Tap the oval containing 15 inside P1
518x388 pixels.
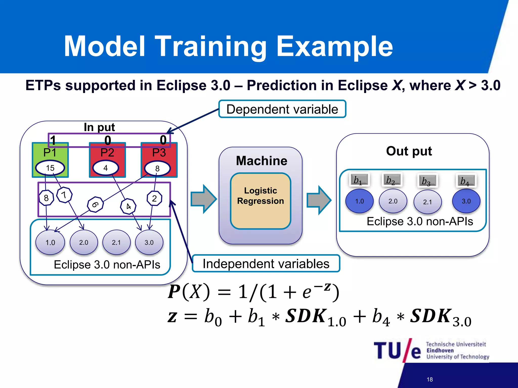(50, 168)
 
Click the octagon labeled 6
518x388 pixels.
(95, 205)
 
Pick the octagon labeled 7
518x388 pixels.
(64, 195)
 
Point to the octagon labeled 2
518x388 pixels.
(154, 199)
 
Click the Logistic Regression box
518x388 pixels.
(261, 201)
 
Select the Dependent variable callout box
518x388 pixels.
(282, 109)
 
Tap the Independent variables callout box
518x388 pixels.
(266, 264)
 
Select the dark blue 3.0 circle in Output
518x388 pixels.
(466, 201)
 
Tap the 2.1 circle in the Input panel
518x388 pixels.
(116, 243)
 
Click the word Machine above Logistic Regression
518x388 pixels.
(262, 161)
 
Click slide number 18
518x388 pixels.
(429, 379)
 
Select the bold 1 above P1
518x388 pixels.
(53, 140)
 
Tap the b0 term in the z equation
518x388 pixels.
(213, 317)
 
